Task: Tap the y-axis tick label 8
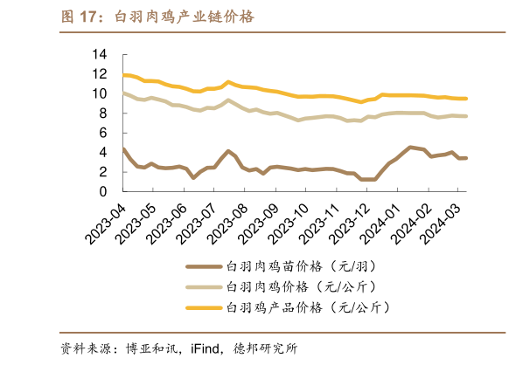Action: (102, 114)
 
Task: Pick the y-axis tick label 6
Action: (102, 133)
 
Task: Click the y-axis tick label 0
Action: (102, 192)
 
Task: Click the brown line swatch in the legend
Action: (203, 265)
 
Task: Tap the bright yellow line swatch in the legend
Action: (203, 307)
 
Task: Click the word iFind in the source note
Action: (208, 348)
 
